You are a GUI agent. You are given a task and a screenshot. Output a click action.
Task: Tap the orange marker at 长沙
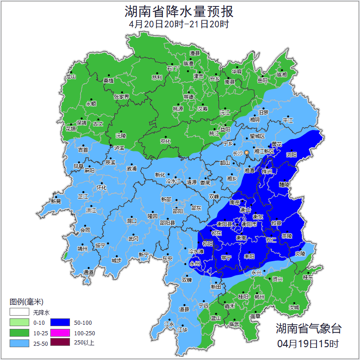[x=247, y=152]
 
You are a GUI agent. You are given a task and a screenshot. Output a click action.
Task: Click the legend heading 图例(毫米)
[x=27, y=301]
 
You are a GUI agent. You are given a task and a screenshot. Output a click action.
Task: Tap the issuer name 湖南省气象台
[x=308, y=328]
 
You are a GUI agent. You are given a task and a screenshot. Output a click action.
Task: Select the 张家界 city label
[x=121, y=97]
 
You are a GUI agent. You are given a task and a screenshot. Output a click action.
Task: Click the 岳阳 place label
[x=262, y=81]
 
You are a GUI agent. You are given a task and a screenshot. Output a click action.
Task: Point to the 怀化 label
[x=102, y=188]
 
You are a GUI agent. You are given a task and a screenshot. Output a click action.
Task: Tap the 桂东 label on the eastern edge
[x=308, y=277]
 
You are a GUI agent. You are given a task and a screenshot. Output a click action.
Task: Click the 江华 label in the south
[x=183, y=329]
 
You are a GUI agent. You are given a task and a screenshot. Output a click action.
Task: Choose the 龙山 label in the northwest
[x=70, y=77]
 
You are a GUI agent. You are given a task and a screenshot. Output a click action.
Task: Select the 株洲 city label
[x=267, y=171]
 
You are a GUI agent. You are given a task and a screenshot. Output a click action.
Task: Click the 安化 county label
[x=166, y=141]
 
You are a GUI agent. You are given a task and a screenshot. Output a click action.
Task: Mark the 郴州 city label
[x=260, y=296]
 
